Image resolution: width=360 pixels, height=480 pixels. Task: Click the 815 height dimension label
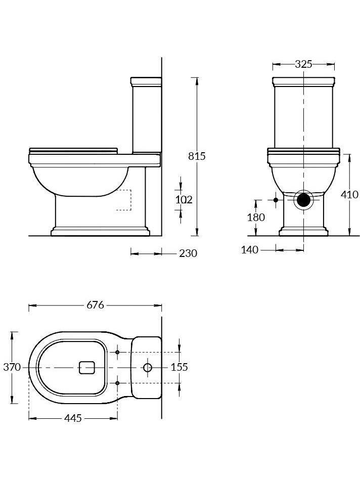(197, 156)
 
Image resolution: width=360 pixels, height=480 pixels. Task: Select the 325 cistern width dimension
(303, 64)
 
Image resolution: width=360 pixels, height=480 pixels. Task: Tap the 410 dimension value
(349, 194)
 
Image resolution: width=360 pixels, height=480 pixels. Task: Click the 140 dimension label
(250, 249)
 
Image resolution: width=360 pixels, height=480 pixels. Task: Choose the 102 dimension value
(184, 200)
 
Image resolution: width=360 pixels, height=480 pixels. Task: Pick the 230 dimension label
(188, 253)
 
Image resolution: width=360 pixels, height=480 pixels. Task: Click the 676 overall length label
(95, 305)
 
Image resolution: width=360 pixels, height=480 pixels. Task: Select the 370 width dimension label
(12, 367)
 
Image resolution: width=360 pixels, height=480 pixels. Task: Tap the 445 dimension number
(73, 418)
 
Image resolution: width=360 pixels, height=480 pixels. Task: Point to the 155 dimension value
(179, 367)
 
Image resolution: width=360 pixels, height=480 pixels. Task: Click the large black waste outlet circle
(303, 200)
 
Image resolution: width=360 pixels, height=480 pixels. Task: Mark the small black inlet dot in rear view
(276, 200)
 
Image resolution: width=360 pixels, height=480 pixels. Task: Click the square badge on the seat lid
(87, 368)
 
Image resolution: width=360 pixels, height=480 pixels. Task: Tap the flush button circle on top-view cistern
(147, 368)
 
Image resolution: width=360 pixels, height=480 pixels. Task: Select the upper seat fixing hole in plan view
(117, 352)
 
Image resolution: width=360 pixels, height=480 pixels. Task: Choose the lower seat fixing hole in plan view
(117, 383)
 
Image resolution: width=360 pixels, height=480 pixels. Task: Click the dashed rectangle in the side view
(123, 200)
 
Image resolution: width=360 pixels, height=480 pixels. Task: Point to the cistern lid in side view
(146, 81)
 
